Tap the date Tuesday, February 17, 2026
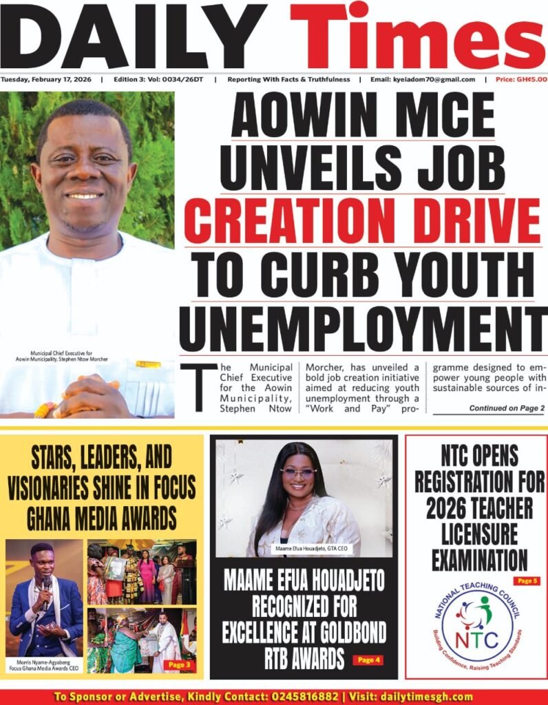pos(47,79)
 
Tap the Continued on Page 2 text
pos(507,408)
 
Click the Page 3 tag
pos(180,665)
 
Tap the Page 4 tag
pos(367,660)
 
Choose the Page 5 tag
pos(526,581)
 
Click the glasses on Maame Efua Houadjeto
pos(298,473)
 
